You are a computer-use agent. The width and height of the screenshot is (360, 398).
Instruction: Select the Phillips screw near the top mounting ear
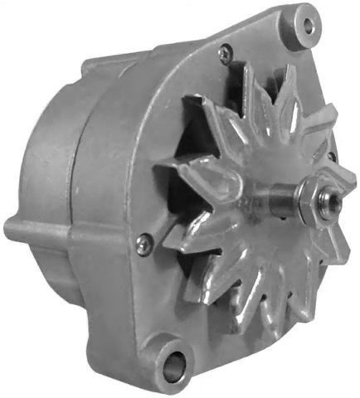pyautogui.click(x=223, y=54)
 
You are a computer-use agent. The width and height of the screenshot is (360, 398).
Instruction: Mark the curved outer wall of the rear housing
pyautogui.click(x=41, y=158)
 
